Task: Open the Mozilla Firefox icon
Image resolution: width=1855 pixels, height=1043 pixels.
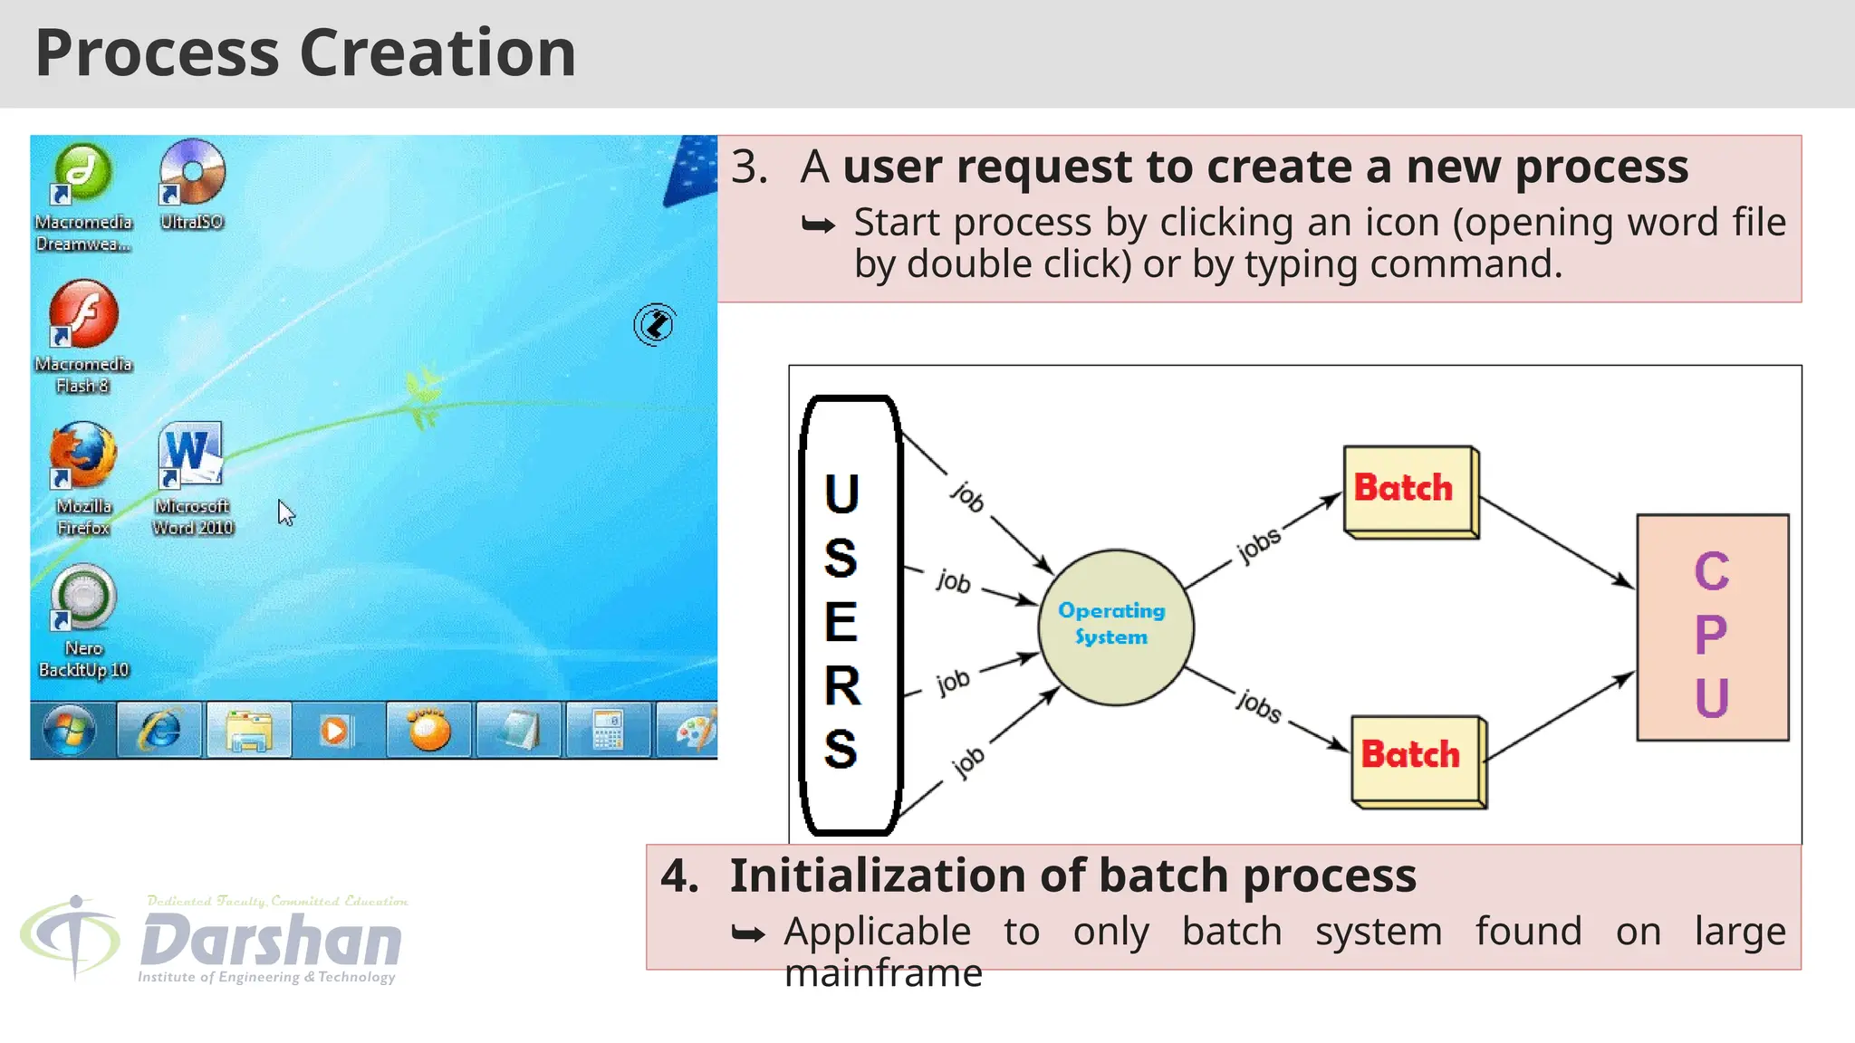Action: coord(83,455)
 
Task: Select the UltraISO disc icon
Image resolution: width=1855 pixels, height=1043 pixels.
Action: coord(191,172)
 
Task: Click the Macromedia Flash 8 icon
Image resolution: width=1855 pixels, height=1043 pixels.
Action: coord(83,313)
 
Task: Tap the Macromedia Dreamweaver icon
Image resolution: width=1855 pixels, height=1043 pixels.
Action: coord(83,172)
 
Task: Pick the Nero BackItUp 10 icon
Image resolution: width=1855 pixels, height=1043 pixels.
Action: coord(83,597)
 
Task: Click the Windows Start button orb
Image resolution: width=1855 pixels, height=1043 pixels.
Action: coord(70,730)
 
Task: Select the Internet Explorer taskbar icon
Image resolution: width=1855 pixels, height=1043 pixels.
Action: coord(159,730)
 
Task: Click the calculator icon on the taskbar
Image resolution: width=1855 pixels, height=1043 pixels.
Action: coord(607,730)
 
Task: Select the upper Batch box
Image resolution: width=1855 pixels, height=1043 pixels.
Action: coord(1408,490)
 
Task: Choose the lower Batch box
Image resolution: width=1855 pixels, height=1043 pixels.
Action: coord(1416,759)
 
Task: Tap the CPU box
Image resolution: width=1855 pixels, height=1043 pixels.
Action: coord(1712,627)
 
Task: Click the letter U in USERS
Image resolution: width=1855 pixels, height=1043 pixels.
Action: coord(841,494)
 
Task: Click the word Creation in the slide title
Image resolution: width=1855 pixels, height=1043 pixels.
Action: coord(437,53)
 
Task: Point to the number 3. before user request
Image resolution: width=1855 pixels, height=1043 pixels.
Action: coord(749,167)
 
